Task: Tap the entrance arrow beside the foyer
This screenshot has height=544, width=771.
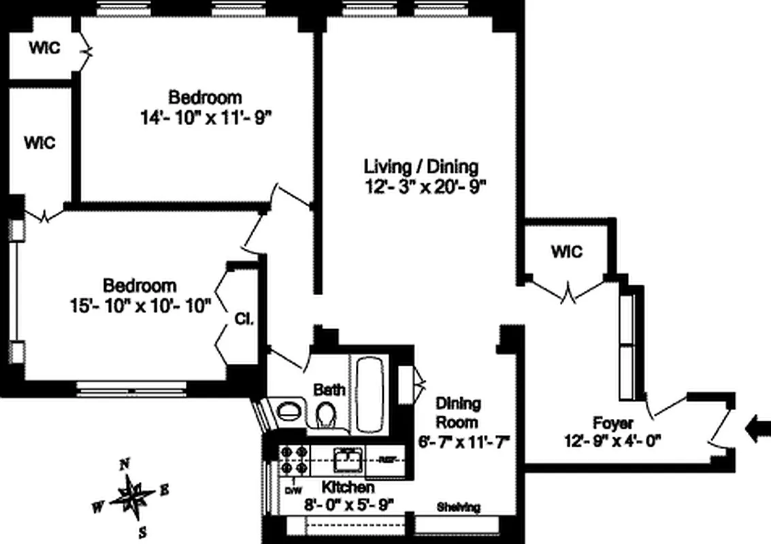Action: click(x=757, y=429)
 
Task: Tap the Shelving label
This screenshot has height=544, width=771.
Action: click(x=458, y=507)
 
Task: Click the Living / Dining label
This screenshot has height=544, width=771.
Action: click(x=421, y=166)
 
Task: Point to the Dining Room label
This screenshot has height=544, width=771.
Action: click(x=458, y=412)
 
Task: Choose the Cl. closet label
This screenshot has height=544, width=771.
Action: click(x=244, y=319)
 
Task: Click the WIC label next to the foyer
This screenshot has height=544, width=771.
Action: click(x=567, y=252)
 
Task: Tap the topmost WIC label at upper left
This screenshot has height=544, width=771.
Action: click(x=44, y=48)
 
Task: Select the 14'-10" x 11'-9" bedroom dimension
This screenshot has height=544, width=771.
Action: click(x=206, y=117)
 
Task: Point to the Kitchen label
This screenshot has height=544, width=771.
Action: click(x=348, y=488)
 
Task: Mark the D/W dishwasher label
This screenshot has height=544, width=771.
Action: click(x=293, y=490)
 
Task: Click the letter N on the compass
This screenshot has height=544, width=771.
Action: click(x=125, y=465)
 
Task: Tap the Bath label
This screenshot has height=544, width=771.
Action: click(x=329, y=390)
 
